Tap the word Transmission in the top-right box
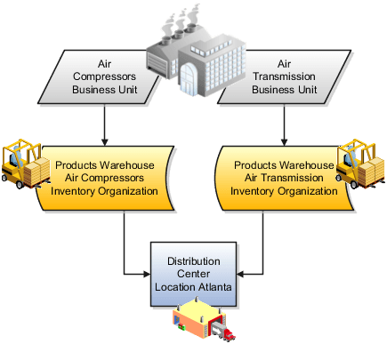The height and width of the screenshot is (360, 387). click(x=289, y=76)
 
